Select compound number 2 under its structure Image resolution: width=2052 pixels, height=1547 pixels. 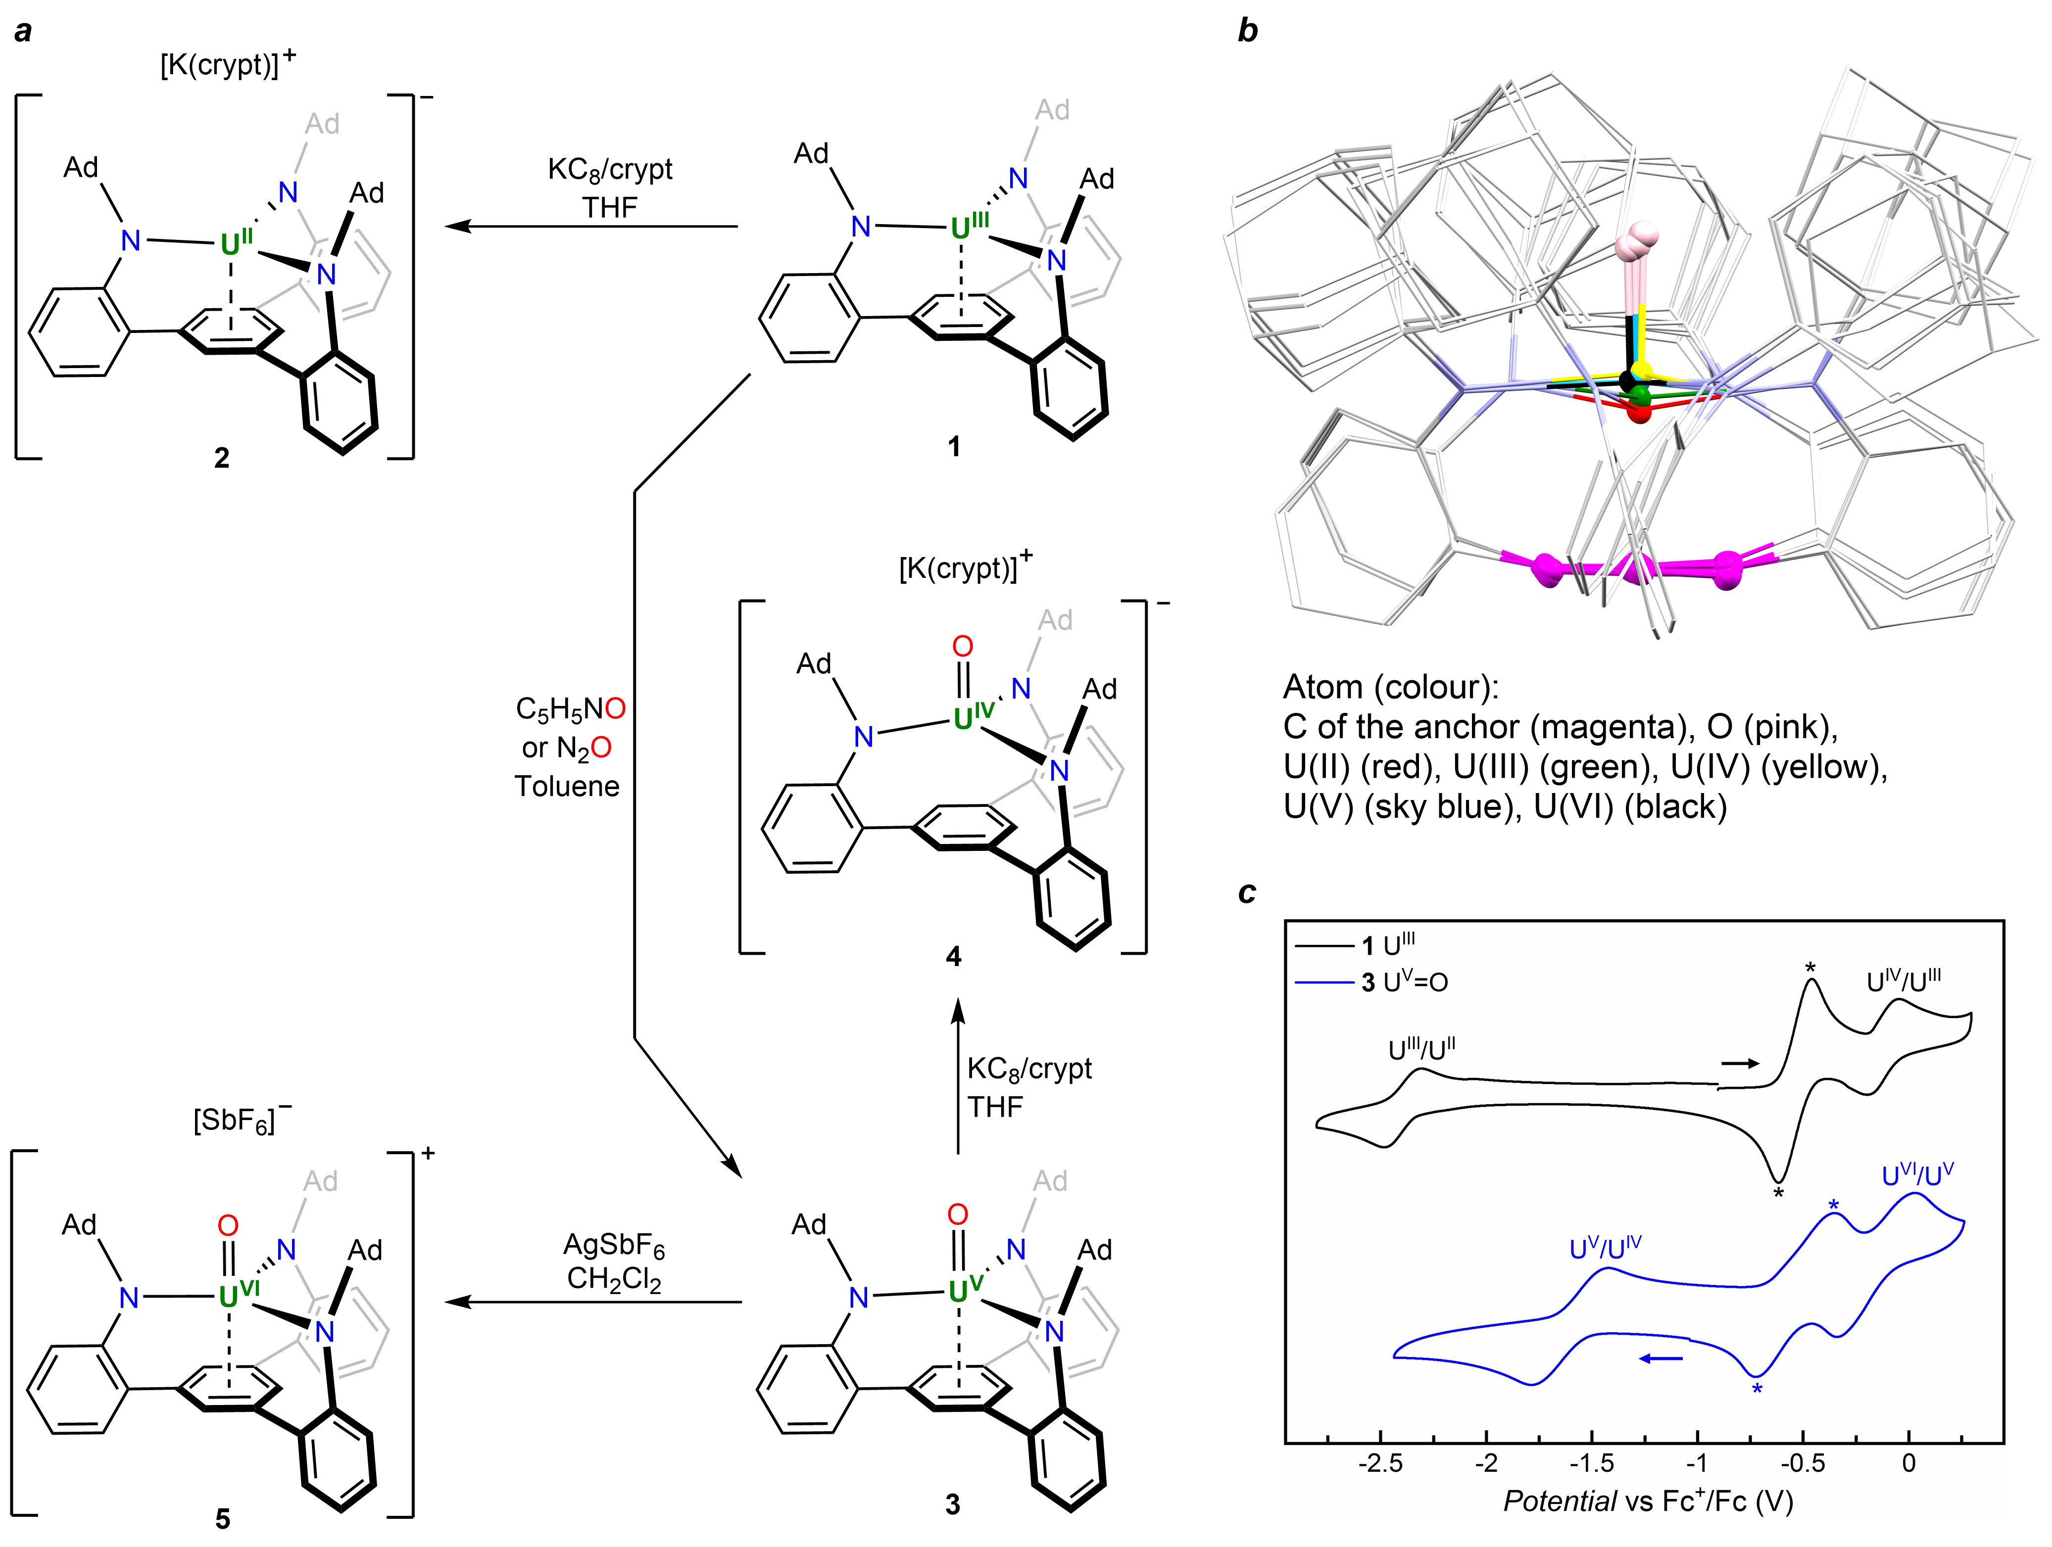222,458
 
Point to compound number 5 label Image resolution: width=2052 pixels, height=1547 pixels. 223,1518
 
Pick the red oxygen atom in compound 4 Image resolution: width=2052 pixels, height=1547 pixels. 963,647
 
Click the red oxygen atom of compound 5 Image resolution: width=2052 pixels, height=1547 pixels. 227,1226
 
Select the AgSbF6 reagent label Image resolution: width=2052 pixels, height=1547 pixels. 614,1245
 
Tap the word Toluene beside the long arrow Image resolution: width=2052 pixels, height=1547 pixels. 567,787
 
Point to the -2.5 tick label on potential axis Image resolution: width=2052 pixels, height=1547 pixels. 1381,1463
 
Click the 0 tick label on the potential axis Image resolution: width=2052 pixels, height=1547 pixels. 1908,1463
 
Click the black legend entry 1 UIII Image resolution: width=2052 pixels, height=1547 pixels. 1389,946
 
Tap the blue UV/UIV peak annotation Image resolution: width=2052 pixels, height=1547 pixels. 1605,1248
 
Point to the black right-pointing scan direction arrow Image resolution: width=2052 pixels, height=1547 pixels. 1738,1064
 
